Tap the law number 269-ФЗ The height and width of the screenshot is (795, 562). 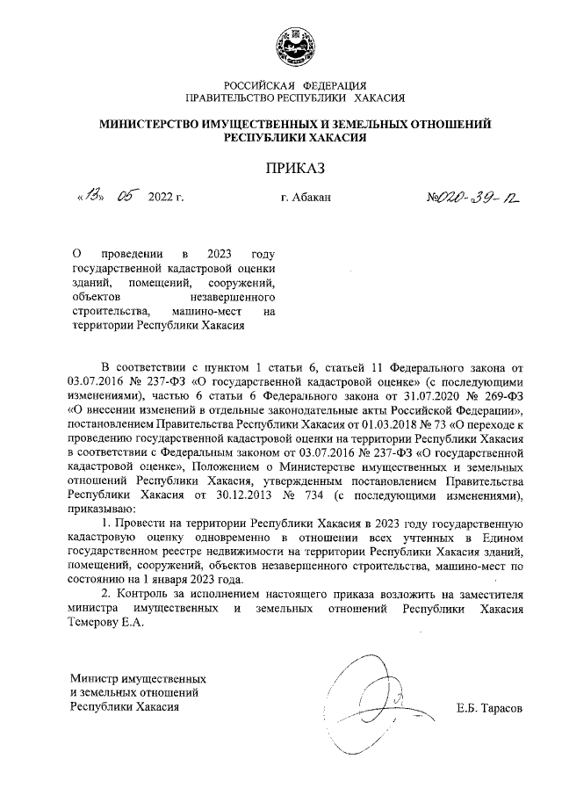tap(501, 395)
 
